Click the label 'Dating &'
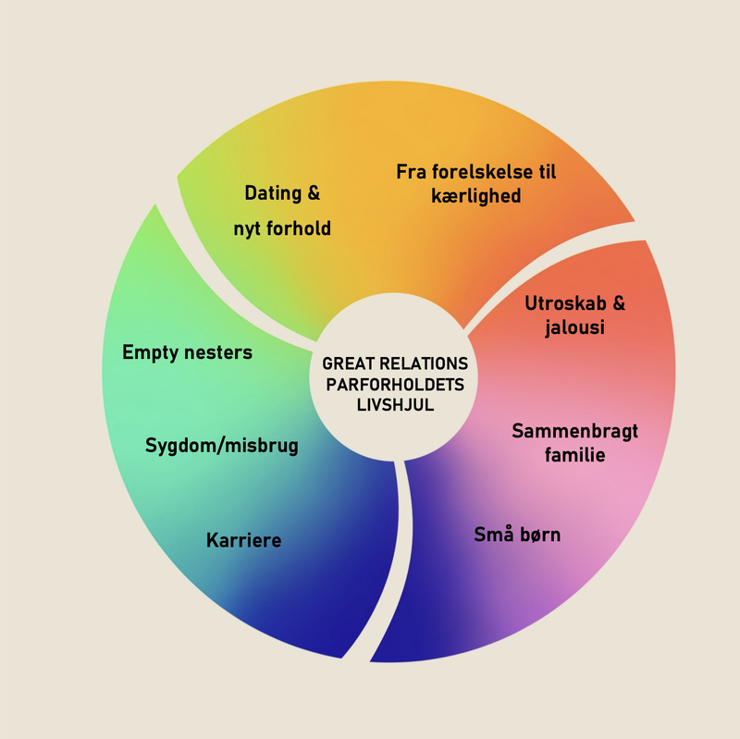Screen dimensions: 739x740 coord(282,193)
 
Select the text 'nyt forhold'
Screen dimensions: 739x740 coord(282,228)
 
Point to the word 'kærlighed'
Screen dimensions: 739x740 coord(476,196)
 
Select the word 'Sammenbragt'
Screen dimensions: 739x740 coord(575,431)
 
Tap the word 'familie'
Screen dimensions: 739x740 coord(575,455)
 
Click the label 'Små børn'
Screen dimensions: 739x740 coord(518,535)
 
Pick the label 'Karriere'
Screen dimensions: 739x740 coord(244,540)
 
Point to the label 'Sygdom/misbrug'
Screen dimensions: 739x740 coord(222,446)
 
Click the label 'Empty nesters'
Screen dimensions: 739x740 coord(187,352)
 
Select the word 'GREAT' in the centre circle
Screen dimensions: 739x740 coord(346,363)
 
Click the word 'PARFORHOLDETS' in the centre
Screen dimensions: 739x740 coord(395,384)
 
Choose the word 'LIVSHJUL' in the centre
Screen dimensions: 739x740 coord(395,404)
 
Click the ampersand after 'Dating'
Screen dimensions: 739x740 coord(314,193)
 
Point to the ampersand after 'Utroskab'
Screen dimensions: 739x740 coord(620,303)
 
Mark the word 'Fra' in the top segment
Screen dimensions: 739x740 coord(410,172)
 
